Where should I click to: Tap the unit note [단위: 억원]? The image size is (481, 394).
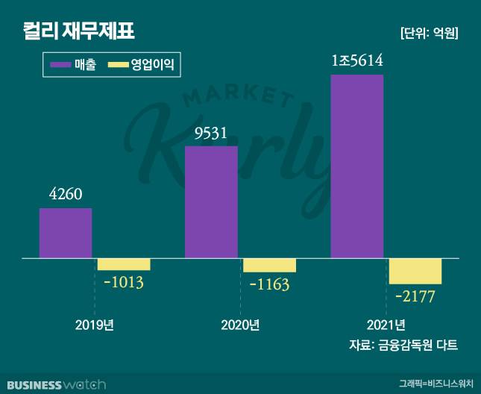pyautogui.click(x=428, y=33)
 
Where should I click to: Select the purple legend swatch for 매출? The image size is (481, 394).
pyautogui.click(x=60, y=66)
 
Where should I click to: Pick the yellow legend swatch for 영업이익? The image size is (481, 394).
pyautogui.click(x=119, y=66)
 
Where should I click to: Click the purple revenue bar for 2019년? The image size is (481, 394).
pyautogui.click(x=66, y=233)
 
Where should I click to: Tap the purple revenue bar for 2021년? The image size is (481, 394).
pyautogui.click(x=356, y=166)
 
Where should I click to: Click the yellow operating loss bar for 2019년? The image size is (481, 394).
pyautogui.click(x=124, y=264)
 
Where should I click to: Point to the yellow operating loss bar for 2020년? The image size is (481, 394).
pyautogui.click(x=269, y=266)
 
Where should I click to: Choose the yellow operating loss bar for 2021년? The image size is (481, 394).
pyautogui.click(x=415, y=271)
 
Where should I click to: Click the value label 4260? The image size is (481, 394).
pyautogui.click(x=66, y=196)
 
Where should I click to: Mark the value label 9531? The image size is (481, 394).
pyautogui.click(x=210, y=134)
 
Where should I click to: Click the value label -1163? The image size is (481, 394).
pyautogui.click(x=268, y=285)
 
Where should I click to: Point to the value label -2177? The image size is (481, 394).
pyautogui.click(x=415, y=296)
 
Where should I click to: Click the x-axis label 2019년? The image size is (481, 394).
pyautogui.click(x=94, y=325)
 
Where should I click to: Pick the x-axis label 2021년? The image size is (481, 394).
pyautogui.click(x=386, y=325)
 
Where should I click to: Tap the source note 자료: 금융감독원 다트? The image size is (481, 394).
pyautogui.click(x=403, y=345)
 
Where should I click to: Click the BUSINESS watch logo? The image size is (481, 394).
pyautogui.click(x=54, y=384)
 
